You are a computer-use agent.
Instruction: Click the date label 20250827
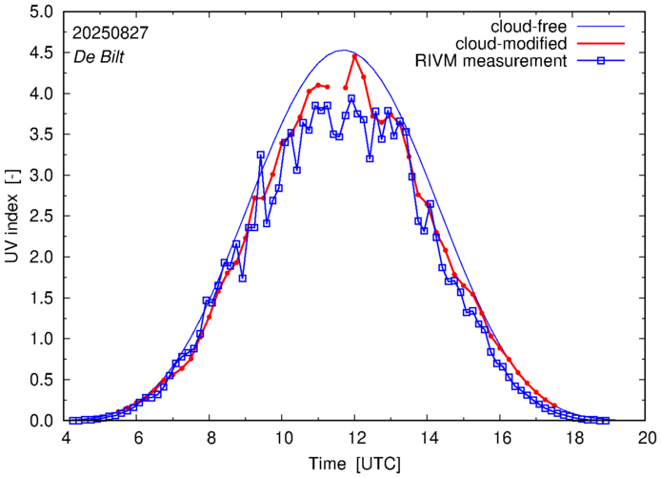click(110, 32)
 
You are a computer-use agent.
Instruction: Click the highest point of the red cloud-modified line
click(354, 56)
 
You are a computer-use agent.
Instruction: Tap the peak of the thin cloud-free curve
click(345, 51)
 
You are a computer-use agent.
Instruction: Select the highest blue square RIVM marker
click(351, 98)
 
